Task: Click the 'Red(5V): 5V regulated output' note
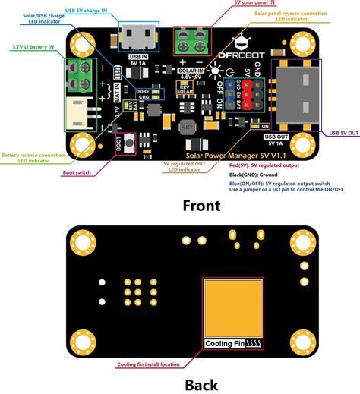click(x=262, y=164)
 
